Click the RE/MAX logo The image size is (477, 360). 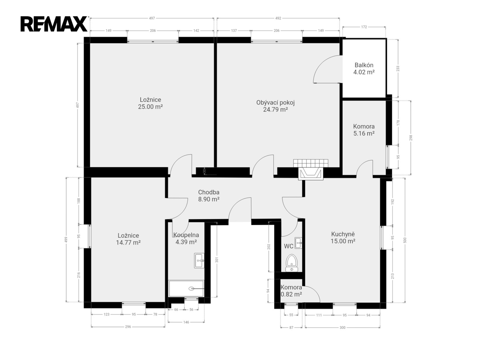coord(54,24)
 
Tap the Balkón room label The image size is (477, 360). coord(364,65)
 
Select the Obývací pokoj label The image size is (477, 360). coord(275,103)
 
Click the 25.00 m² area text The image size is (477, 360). coord(150,107)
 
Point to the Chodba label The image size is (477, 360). coord(209,192)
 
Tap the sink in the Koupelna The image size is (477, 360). coord(199,260)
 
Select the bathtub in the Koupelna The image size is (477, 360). coord(186,289)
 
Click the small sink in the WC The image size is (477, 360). coord(298,243)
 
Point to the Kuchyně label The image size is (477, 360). coord(343,234)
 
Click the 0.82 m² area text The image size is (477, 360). coord(291,294)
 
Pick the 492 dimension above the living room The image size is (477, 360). coord(278,18)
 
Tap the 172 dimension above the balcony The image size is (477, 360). coord(364,27)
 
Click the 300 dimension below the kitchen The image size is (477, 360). coord(342,327)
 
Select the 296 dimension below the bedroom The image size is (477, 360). coord(128,327)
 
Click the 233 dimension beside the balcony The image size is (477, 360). coord(398,68)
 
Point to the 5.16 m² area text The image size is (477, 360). coord(364,133)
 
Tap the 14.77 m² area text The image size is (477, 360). coord(128,242)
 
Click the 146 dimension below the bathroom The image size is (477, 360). coord(186,322)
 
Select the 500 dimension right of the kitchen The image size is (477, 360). coord(405,240)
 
